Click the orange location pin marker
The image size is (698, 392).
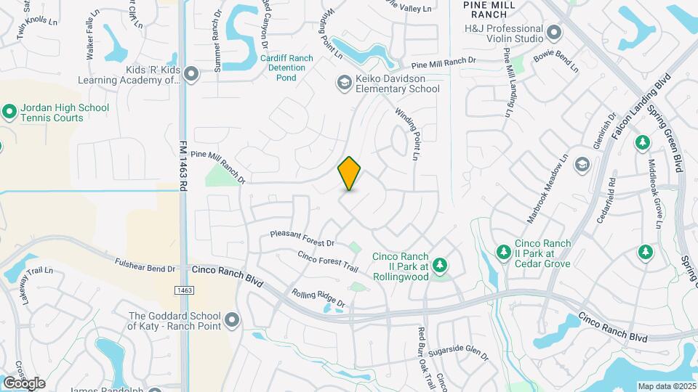350,173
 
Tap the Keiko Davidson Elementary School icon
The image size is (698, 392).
343,83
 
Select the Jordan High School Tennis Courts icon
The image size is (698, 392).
9,113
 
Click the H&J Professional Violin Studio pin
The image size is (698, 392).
554,33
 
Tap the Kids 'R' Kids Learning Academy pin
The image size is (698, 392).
191,74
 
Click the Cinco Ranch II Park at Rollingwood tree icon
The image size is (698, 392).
439,266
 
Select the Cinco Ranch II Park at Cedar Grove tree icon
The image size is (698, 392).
502,252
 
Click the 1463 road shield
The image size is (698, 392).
184,290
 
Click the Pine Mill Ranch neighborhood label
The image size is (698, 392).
489,9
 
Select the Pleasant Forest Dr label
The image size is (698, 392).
302,238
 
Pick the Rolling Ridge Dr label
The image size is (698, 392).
318,303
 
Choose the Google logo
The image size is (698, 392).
23,383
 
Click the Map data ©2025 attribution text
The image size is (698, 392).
667,386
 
